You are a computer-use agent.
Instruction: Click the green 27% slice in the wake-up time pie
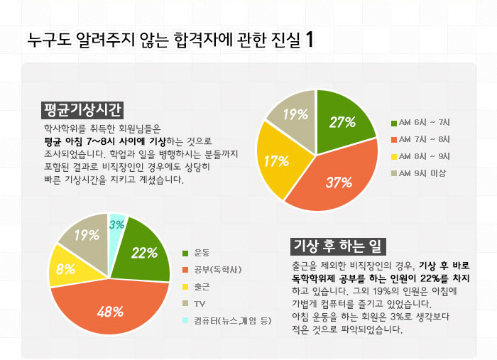(342, 122)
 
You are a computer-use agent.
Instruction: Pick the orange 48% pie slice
(110, 309)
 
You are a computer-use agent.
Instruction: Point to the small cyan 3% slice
(116, 224)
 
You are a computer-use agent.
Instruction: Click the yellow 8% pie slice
(67, 268)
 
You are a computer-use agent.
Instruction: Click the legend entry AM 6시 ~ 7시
(420, 123)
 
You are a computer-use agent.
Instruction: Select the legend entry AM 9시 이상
(418, 173)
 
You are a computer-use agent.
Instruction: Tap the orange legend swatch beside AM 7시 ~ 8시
(394, 140)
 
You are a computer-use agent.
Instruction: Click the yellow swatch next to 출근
(185, 287)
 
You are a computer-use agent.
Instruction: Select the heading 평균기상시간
(82, 110)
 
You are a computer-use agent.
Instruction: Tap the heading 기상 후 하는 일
(338, 246)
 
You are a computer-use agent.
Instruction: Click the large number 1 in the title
(310, 40)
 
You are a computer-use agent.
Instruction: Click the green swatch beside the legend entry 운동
(185, 253)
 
